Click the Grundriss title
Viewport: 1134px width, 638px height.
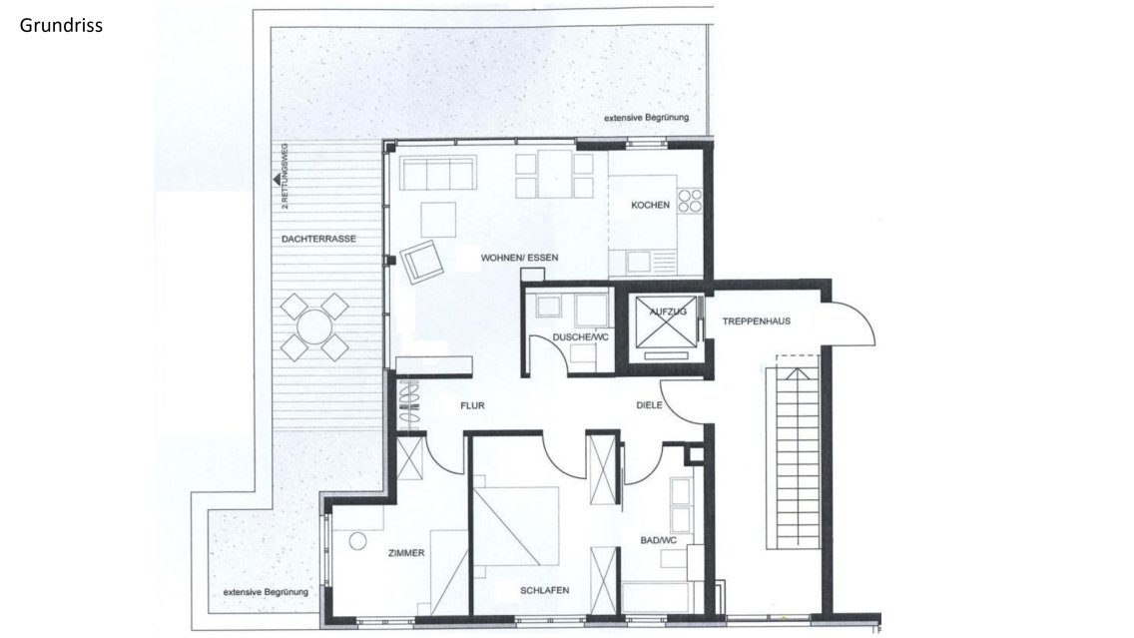point(61,26)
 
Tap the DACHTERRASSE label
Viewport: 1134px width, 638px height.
point(319,239)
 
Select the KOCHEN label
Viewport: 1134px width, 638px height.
point(650,206)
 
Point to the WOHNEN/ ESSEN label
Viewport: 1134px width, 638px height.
point(519,258)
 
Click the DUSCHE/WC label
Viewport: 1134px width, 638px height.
point(581,337)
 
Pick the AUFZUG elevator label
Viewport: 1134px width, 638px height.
point(668,312)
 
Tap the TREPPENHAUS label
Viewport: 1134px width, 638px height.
point(757,321)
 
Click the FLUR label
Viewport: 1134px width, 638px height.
point(472,405)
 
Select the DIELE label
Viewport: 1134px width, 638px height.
point(649,405)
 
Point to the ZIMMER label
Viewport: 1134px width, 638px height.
point(406,553)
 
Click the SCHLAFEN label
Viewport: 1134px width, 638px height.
point(545,590)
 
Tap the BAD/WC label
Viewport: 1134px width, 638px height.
point(658,540)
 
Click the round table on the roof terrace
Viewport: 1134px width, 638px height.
point(314,327)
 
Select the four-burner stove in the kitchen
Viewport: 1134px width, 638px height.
point(690,200)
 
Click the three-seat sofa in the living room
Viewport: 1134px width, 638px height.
point(438,174)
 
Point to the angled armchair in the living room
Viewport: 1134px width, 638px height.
point(422,262)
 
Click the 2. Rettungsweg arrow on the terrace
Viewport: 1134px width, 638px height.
point(277,180)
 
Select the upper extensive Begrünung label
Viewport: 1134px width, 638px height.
point(647,117)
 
